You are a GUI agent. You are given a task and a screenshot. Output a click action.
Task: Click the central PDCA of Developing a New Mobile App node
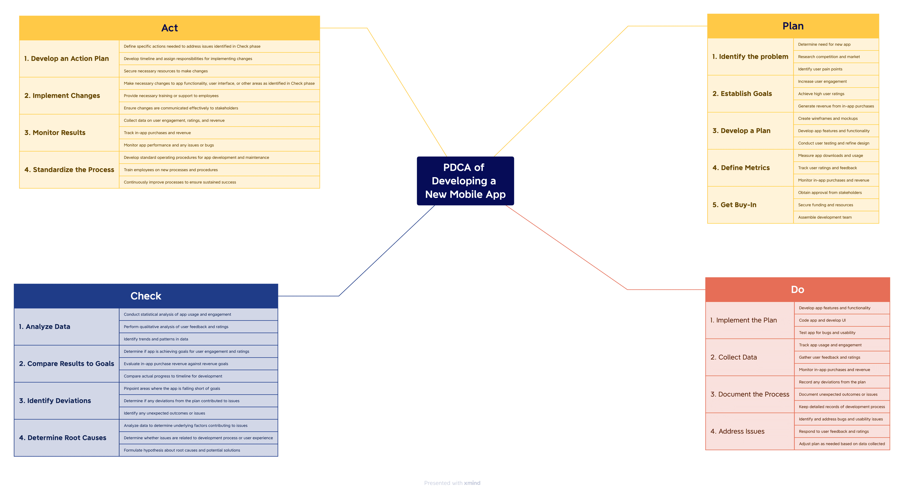click(x=465, y=181)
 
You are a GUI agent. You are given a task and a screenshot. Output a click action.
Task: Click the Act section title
click(x=169, y=28)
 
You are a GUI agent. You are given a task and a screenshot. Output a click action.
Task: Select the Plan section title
click(x=793, y=26)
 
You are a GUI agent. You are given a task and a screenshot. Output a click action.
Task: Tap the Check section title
click(x=146, y=296)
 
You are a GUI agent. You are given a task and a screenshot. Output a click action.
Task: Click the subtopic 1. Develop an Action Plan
click(x=67, y=59)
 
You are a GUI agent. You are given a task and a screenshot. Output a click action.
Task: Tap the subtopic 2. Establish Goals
click(x=742, y=94)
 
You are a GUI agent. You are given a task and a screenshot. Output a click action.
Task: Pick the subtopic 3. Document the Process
click(x=750, y=394)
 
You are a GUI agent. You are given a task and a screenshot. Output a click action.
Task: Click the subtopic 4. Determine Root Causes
click(x=62, y=438)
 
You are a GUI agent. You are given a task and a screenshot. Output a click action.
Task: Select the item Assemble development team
click(x=825, y=217)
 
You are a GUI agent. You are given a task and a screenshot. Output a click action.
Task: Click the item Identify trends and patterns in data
click(x=156, y=339)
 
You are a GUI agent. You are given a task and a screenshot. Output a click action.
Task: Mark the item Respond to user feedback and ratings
click(x=833, y=431)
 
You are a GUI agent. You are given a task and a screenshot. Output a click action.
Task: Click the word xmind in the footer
click(x=472, y=483)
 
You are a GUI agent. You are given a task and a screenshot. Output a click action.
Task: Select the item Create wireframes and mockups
click(x=827, y=119)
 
